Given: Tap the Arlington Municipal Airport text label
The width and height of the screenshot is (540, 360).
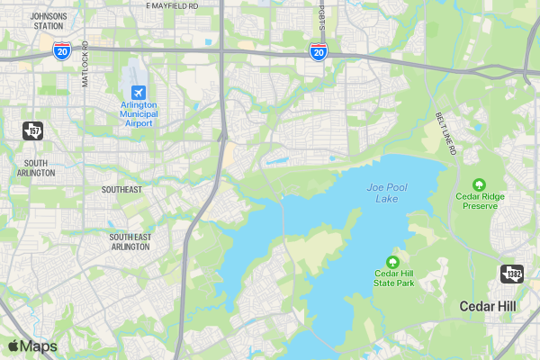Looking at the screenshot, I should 139,113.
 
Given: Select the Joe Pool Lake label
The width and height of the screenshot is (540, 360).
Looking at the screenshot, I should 387,192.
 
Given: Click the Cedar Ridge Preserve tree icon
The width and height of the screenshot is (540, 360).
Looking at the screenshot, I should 480,184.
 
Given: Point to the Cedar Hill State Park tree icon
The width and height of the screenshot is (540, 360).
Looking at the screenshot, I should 393,262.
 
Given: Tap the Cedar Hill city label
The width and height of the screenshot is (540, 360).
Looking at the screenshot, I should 488,306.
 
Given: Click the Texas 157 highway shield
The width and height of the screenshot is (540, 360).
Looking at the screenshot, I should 33,131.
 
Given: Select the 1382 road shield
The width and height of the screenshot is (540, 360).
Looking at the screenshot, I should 512,274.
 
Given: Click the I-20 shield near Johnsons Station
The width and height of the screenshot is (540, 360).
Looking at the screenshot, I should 61,51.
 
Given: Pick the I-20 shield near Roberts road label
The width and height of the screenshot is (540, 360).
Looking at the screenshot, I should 318,52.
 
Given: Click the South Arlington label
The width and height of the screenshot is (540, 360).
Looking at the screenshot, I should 35,166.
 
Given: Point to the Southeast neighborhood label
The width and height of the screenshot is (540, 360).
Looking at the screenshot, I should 121,190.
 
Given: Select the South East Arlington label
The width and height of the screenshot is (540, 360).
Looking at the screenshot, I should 130,242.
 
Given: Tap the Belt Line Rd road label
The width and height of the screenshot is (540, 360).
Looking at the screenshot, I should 446,132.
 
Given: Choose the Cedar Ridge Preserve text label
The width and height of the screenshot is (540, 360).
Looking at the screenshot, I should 480,201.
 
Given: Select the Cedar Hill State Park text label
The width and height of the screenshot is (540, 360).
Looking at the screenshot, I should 393,278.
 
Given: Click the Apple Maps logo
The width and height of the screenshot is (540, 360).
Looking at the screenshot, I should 32,346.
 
